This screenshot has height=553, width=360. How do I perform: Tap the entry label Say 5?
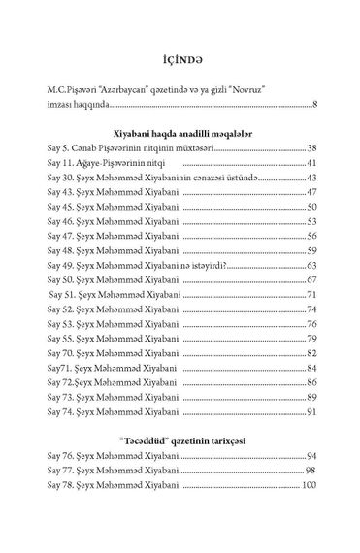(60, 151)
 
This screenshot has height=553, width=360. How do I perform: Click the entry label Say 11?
(62, 166)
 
